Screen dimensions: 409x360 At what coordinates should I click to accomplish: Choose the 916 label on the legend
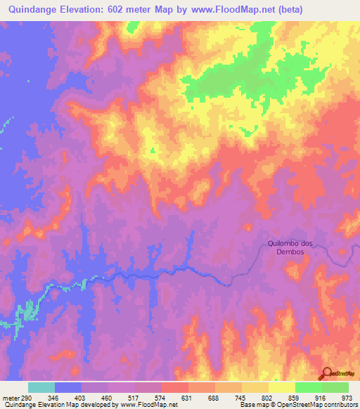[318, 398]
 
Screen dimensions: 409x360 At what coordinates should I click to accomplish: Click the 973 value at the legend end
[345, 398]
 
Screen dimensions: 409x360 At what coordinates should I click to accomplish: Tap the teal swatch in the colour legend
[41, 387]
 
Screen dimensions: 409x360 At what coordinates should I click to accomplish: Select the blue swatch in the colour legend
[68, 387]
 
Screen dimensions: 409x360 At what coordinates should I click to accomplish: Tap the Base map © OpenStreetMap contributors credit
[297, 405]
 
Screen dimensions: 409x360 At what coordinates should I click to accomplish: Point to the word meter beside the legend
[11, 398]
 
